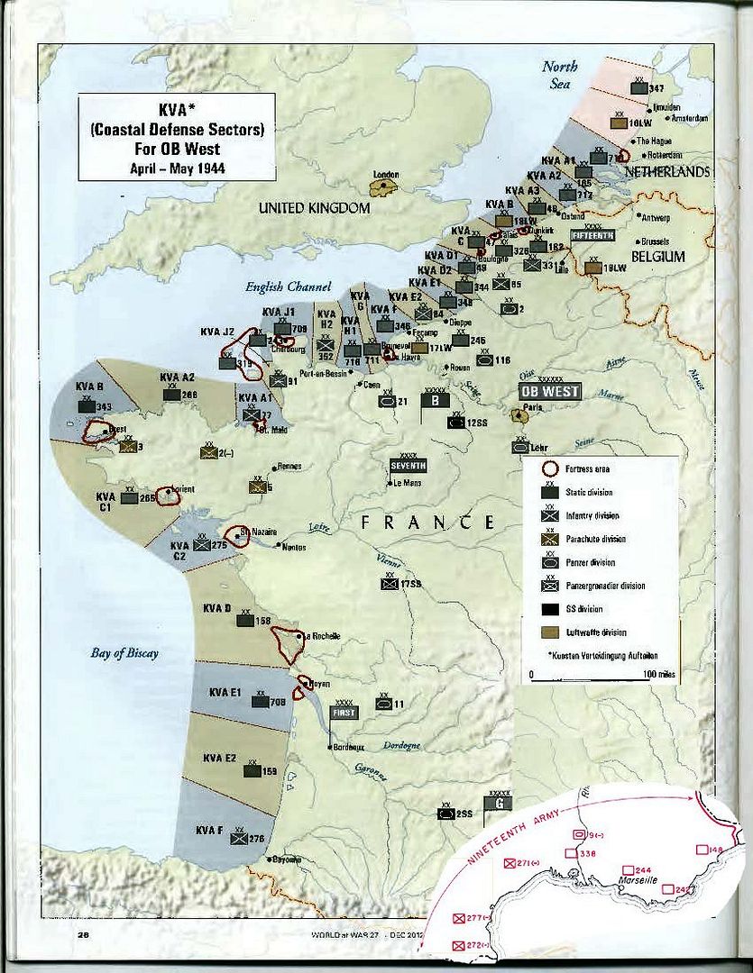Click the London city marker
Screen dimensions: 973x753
coord(385,187)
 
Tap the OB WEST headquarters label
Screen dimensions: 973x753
coord(550,392)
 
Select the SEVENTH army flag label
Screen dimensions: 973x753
coord(408,465)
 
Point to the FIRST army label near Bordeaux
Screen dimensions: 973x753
coord(344,712)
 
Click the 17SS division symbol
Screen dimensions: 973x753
coord(389,583)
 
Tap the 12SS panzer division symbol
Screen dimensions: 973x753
coord(457,421)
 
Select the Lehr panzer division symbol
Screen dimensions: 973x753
coord(520,445)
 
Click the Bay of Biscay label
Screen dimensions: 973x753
coord(124,653)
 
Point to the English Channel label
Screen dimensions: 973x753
coord(281,287)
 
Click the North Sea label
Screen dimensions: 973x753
coord(558,75)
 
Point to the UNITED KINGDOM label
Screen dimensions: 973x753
coord(314,208)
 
